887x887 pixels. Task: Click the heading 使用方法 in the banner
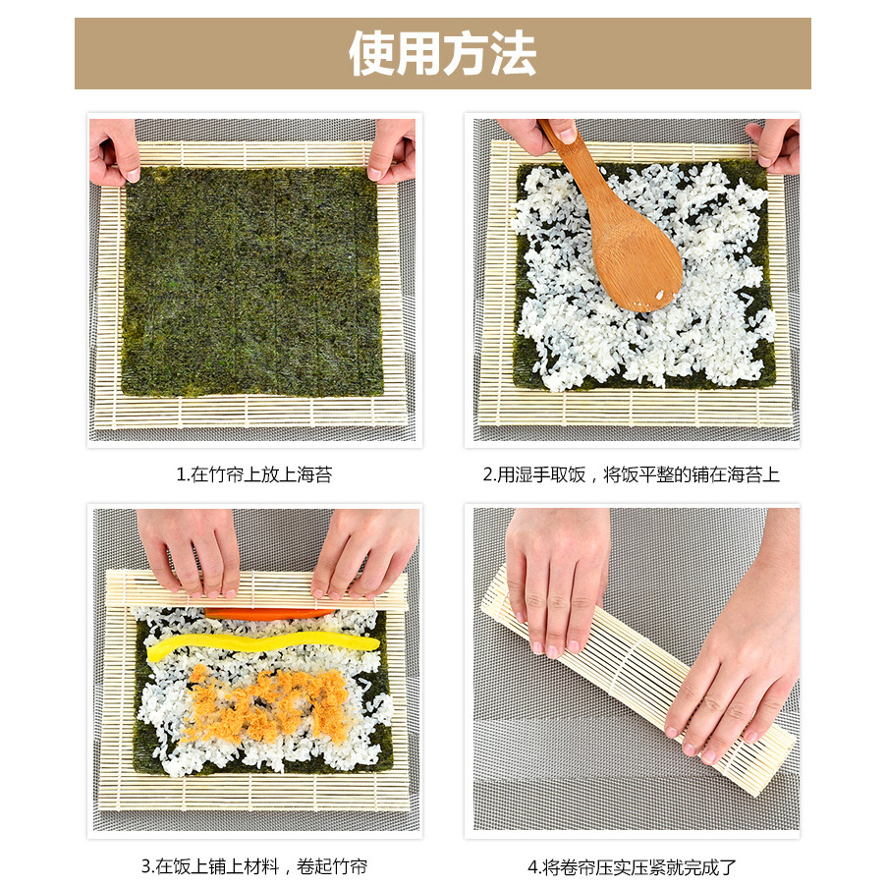(442, 54)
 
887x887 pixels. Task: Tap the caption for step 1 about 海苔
(254, 474)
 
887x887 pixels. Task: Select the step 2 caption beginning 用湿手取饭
(632, 474)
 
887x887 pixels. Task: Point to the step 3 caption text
(254, 866)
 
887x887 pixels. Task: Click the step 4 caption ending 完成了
(632, 866)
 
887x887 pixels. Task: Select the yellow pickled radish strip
(262, 645)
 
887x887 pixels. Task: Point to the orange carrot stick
(270, 614)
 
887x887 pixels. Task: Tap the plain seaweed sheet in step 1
(252, 281)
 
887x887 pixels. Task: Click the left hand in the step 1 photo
(114, 151)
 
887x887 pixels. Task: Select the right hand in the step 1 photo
(391, 150)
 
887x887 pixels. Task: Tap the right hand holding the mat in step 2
(773, 146)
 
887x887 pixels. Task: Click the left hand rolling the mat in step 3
(190, 552)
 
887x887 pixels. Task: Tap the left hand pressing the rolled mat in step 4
(557, 580)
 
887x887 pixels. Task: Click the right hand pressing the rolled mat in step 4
(736, 650)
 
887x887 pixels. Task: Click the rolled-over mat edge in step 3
(257, 589)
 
